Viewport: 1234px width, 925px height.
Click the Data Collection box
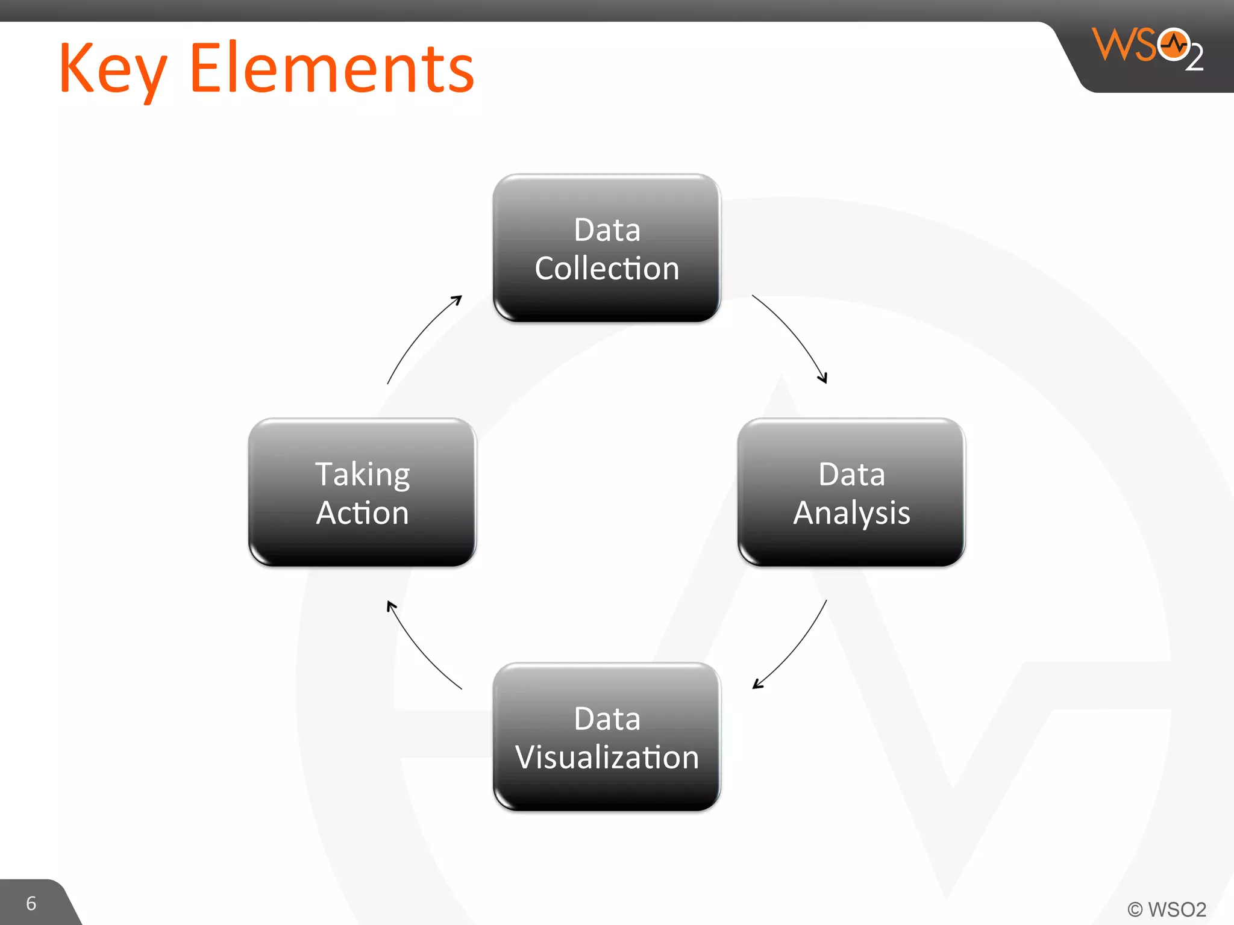(x=607, y=248)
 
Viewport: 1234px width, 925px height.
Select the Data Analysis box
(x=851, y=492)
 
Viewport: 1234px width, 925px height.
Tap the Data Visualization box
(x=607, y=737)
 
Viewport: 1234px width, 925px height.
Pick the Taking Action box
(x=362, y=492)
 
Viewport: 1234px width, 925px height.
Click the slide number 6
(x=31, y=903)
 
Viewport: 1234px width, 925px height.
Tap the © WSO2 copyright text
(x=1167, y=909)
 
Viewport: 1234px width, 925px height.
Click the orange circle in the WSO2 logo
(x=1173, y=44)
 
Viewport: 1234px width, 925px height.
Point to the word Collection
(x=607, y=268)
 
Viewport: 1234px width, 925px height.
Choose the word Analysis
(x=851, y=513)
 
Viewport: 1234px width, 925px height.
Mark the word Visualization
(x=607, y=757)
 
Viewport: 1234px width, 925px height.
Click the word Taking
(x=362, y=475)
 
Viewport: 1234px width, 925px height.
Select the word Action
(x=362, y=513)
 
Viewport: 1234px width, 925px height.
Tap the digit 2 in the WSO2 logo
(x=1194, y=58)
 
